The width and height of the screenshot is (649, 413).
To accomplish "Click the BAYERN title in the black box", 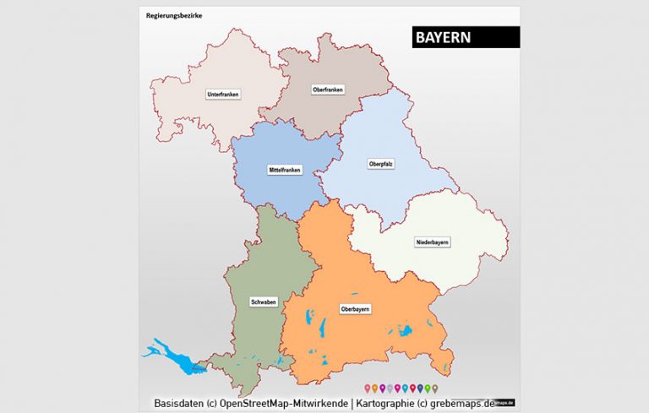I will tap(444, 38).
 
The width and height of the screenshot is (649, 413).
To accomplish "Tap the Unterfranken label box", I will tap(223, 95).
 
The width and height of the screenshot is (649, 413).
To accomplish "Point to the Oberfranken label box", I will tap(327, 90).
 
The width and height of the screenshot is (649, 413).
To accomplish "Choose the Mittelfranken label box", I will tap(285, 170).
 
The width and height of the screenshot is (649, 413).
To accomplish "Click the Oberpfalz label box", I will tap(381, 163).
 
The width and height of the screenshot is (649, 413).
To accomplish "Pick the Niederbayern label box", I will tap(432, 242).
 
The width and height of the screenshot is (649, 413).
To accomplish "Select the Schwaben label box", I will tap(263, 302).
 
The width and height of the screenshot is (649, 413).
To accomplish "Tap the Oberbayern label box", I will tap(355, 309).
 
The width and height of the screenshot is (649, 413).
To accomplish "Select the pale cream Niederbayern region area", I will tap(456, 262).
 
